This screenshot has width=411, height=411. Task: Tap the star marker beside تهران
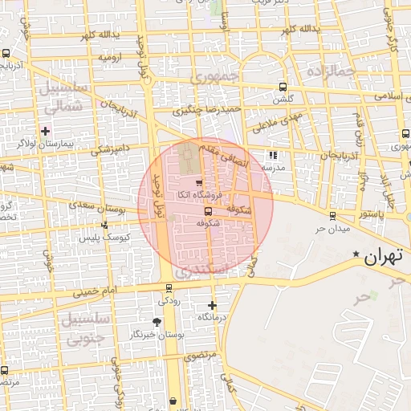coord(356,254)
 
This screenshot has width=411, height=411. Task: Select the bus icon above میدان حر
coord(333,215)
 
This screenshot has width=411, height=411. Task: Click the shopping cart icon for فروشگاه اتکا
coord(198,182)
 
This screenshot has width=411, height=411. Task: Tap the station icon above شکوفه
coord(209,211)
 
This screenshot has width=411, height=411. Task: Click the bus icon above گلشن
coord(282,87)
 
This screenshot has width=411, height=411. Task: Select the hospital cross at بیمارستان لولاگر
coord(46,131)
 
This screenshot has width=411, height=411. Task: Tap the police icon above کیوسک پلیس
coord(104,226)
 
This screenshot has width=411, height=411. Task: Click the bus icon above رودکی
coord(169,287)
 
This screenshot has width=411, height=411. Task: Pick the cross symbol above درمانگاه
coord(212,305)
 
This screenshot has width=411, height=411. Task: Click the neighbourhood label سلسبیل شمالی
coord(61,96)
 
